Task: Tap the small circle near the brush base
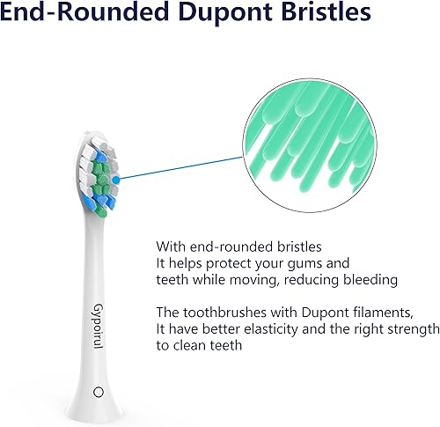[x=98, y=390]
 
